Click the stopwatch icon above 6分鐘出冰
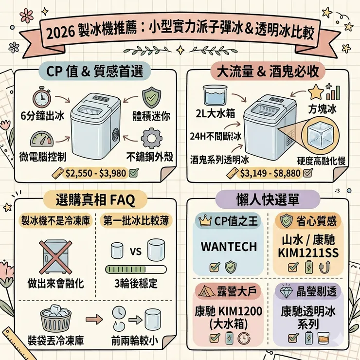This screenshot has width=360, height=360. (41, 97)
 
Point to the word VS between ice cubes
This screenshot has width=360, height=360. (135, 252)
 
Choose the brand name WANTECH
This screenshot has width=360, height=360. (229, 246)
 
